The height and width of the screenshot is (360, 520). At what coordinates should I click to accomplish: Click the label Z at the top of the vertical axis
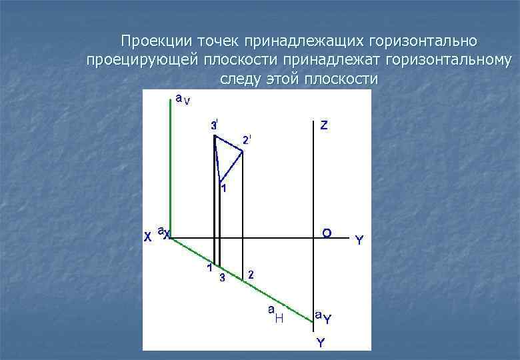coord(323,125)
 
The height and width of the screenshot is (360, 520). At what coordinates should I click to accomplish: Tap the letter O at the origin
coord(327,233)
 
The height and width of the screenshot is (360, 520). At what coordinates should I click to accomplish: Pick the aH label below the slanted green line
coord(275,315)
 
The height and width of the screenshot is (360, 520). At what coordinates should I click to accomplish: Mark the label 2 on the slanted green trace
coord(250,273)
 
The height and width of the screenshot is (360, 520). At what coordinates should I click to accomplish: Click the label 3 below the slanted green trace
coord(223,278)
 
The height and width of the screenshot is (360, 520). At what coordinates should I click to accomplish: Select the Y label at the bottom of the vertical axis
coord(321,343)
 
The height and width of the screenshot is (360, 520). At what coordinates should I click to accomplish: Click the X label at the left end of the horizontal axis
coord(148,237)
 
